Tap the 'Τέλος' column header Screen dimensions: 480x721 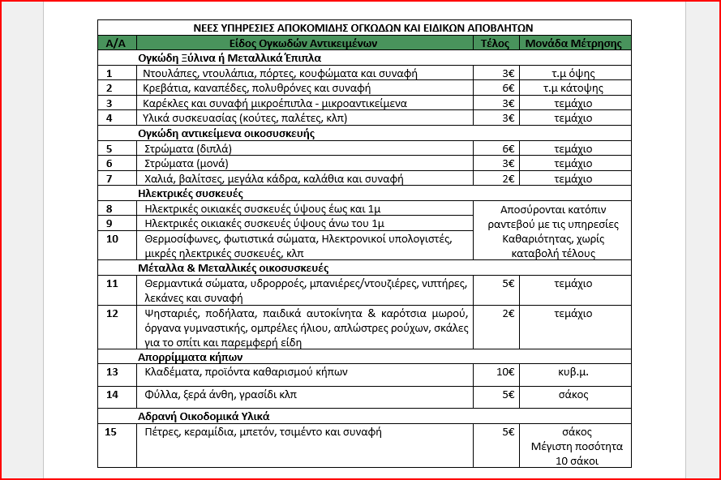click(495, 43)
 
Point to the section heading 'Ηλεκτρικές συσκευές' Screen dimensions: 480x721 click(191, 193)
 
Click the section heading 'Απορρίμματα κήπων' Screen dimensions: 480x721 click(191, 356)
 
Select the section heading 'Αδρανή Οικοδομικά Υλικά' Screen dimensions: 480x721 click(204, 416)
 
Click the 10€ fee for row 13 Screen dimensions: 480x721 click(505, 372)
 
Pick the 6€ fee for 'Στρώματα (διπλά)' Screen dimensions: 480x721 click(509, 149)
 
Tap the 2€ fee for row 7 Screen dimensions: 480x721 click(509, 178)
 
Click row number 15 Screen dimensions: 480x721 click(112, 432)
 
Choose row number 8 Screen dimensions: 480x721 click(109, 208)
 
